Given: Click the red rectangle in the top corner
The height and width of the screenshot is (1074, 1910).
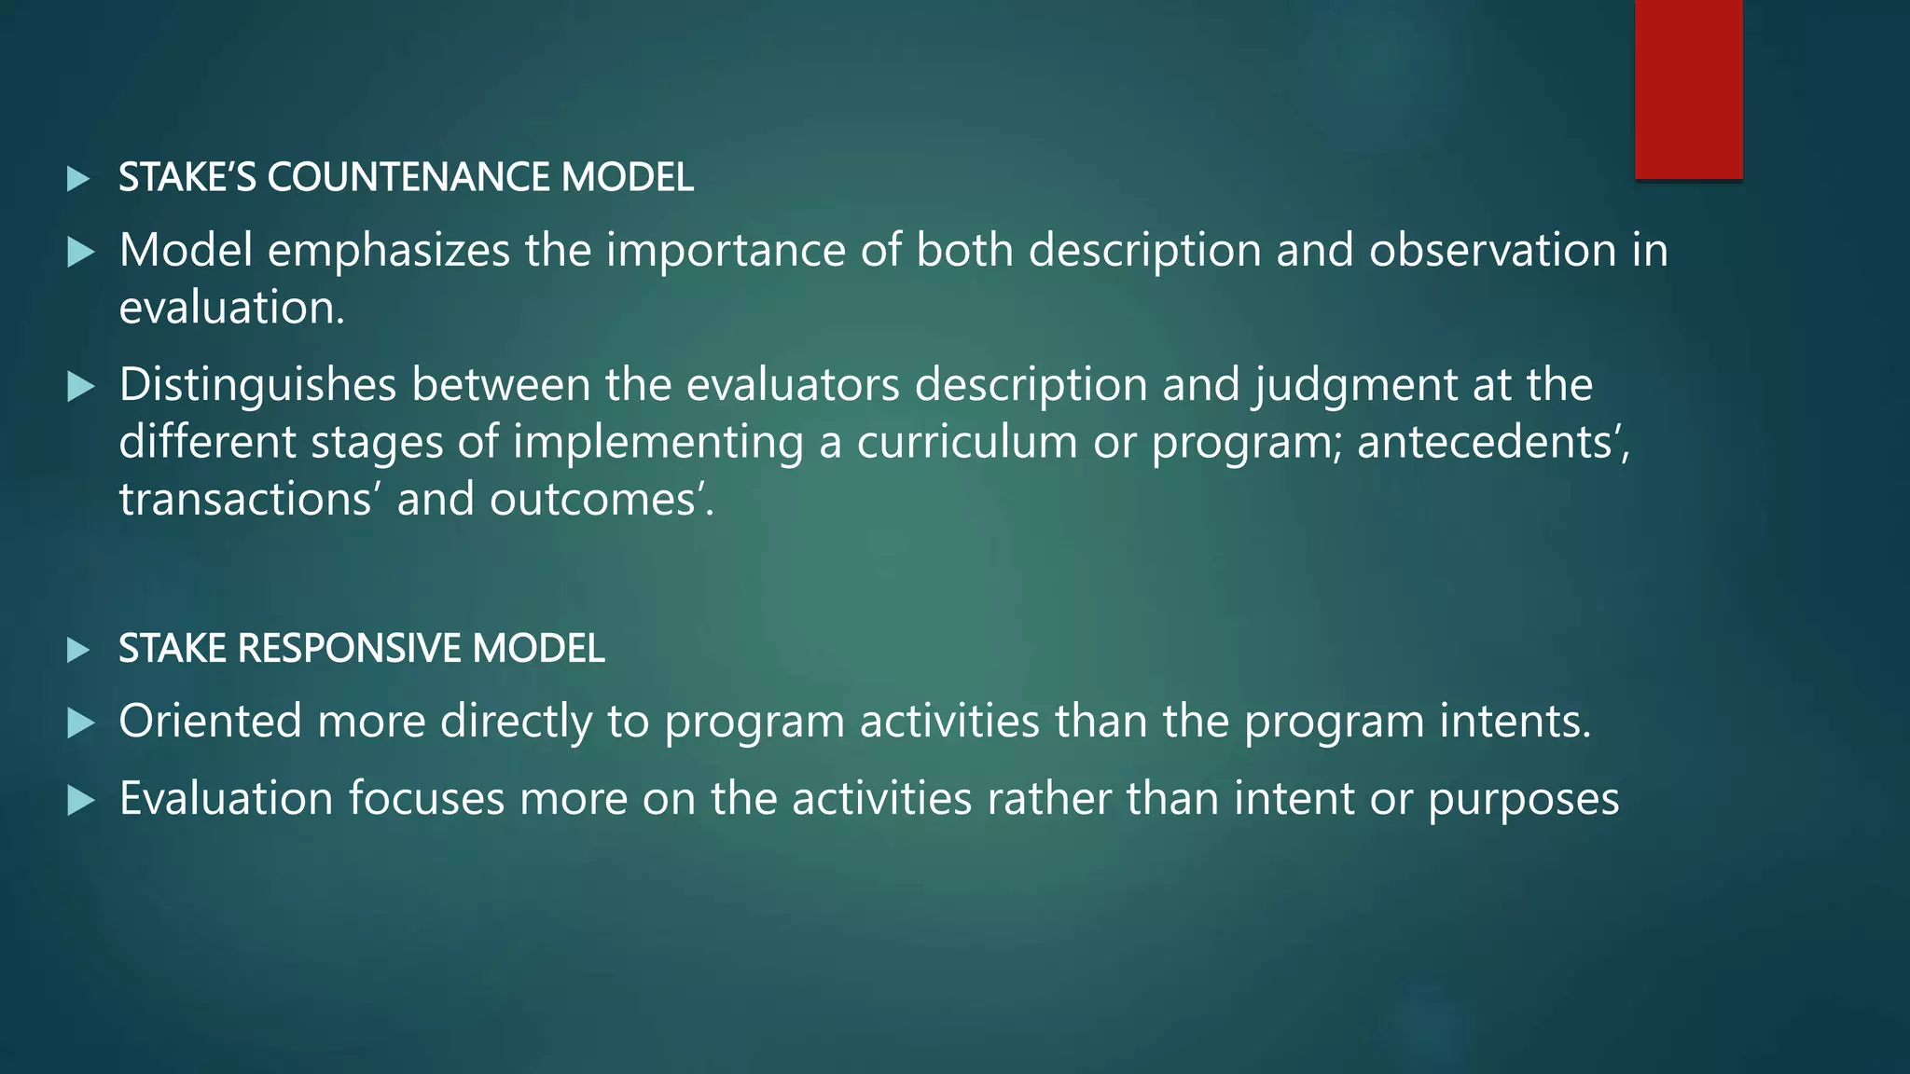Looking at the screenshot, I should [1688, 89].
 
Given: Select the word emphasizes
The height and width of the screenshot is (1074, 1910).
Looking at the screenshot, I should [389, 251].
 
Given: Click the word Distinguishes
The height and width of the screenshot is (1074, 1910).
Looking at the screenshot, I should [257, 385].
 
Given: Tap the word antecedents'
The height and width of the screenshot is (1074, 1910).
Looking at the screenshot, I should [1492, 442].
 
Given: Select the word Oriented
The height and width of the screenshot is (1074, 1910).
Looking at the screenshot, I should [211, 721].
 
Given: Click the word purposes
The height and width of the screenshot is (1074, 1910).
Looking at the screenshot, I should [1523, 800].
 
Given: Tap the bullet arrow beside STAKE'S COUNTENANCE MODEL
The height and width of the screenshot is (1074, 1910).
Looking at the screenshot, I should [79, 178].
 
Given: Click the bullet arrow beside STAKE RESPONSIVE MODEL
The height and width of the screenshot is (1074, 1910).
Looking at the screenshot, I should [79, 649].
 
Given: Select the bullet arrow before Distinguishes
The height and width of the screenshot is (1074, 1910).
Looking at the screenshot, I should [81, 386].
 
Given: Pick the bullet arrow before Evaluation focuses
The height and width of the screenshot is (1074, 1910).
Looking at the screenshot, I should [81, 800].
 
